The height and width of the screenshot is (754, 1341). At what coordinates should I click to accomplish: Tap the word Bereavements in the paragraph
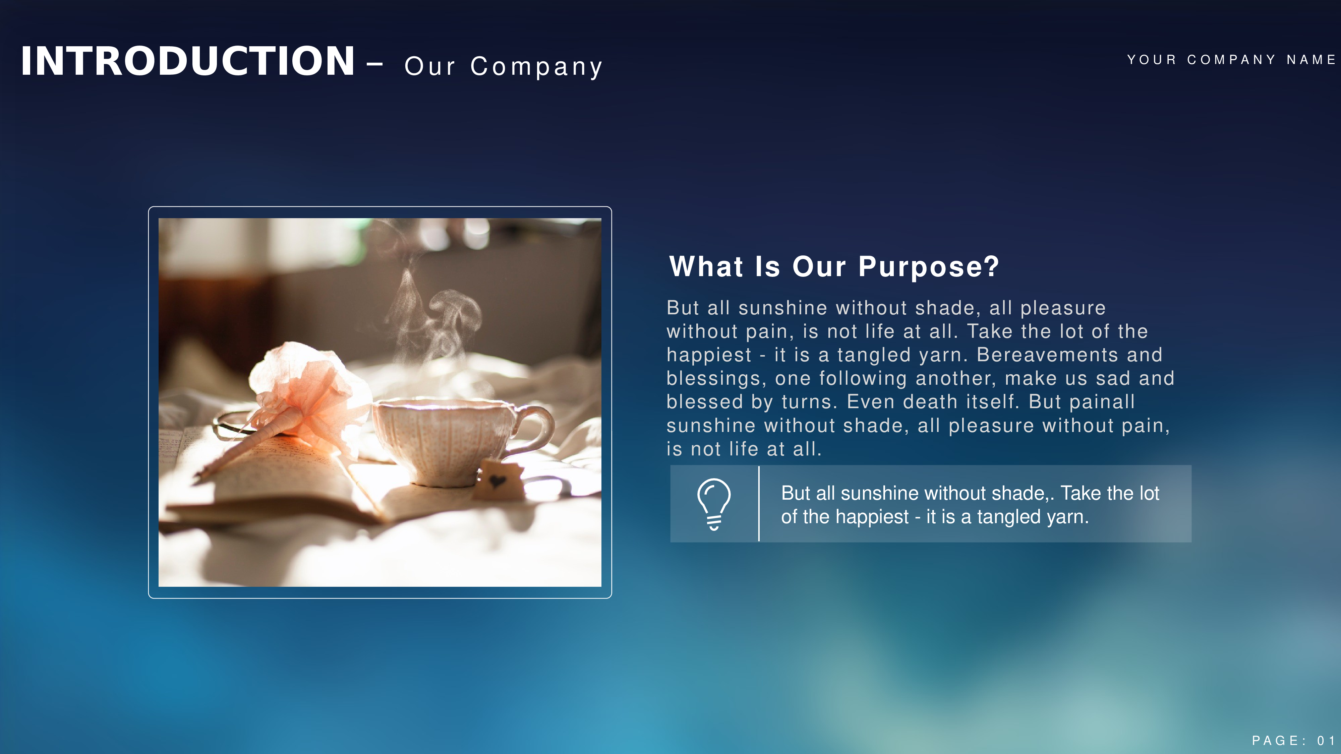(x=1047, y=355)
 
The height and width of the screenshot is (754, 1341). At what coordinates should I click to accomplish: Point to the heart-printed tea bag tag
(x=499, y=479)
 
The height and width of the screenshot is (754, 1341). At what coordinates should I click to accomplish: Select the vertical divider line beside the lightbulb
(x=759, y=504)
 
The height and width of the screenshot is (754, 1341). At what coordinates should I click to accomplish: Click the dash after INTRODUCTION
(x=375, y=65)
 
